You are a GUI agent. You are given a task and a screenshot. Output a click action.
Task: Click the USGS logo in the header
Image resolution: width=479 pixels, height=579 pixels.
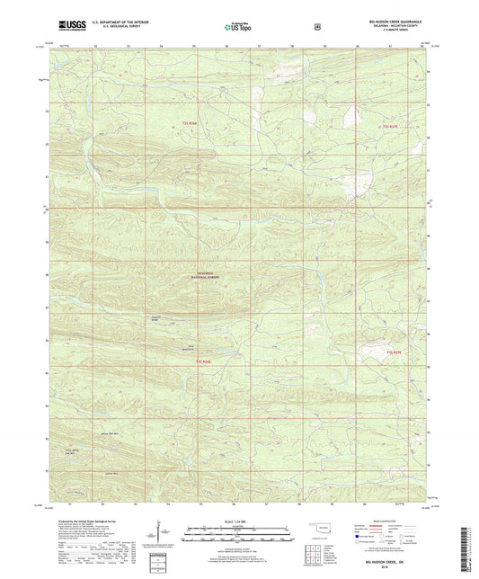click(66, 26)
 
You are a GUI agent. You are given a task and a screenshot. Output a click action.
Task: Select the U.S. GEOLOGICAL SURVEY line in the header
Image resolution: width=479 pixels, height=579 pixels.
click(112, 29)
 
